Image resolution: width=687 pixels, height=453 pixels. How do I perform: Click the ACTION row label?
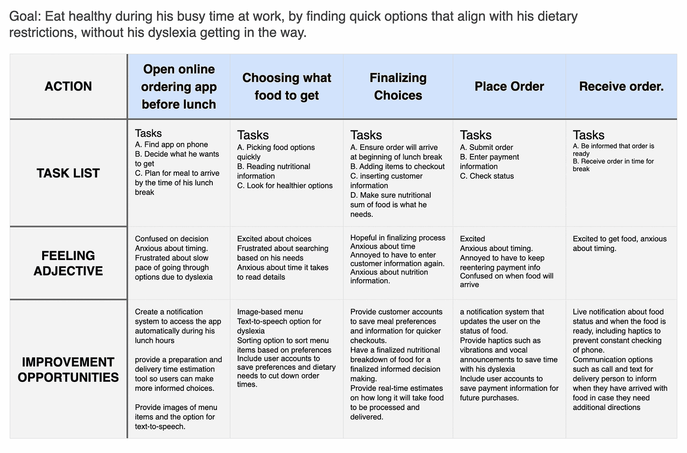point(68,86)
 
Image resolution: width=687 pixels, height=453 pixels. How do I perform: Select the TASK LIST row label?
point(68,173)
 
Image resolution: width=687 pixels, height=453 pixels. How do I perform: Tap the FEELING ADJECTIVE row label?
point(68,263)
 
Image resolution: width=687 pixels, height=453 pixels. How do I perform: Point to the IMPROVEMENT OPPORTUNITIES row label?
point(68,369)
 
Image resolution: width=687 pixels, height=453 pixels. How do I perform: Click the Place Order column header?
point(509,86)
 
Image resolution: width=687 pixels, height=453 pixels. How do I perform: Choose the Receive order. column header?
point(621,86)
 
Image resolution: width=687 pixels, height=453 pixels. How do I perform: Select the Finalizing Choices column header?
point(398,86)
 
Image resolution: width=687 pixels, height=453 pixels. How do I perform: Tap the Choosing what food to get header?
point(287,86)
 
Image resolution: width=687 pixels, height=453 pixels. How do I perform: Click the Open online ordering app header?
point(179,86)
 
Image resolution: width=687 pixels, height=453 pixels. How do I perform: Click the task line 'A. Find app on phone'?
point(171,144)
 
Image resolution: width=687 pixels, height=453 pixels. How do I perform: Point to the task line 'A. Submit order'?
point(486,147)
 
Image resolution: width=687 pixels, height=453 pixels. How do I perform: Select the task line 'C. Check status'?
point(487,176)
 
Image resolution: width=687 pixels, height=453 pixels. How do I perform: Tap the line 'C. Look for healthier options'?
point(285,185)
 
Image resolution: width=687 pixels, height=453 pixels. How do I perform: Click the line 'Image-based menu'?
point(270,312)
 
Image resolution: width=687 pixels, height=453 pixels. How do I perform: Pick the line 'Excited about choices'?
point(274,239)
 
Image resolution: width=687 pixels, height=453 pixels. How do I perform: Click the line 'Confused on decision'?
point(171,239)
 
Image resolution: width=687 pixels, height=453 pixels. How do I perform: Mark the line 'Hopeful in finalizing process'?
point(397,237)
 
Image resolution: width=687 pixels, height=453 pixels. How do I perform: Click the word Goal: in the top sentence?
point(25,16)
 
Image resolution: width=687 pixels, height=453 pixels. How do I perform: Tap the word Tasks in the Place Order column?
point(475,135)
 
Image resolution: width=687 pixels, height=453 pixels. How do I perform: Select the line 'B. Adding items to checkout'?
point(397,166)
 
